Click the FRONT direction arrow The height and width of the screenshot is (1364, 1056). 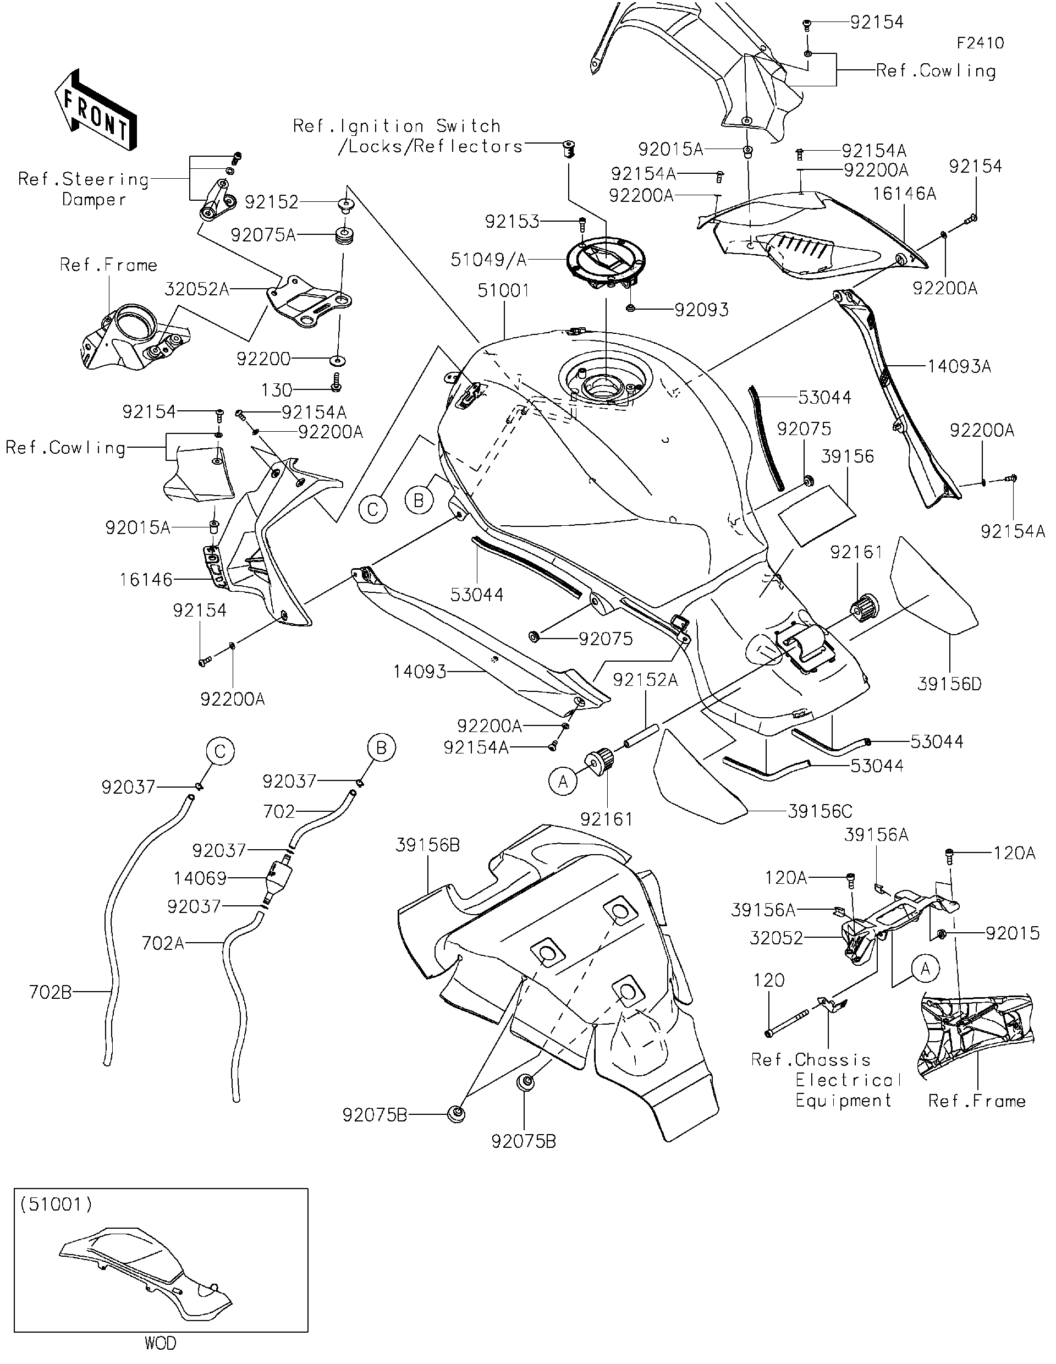point(96,112)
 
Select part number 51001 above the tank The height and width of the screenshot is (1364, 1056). point(503,290)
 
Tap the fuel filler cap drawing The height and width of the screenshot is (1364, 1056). point(605,263)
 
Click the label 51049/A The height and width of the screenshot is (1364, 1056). point(489,260)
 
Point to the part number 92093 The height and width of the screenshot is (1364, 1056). point(701,310)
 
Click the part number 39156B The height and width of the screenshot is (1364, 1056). point(428,845)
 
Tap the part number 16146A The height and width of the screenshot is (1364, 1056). point(904,194)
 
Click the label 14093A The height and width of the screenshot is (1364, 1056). point(959,367)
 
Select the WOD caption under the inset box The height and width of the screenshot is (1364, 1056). point(161,1343)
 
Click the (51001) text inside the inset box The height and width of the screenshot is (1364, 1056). point(56,1204)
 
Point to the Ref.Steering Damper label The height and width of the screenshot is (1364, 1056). point(84,189)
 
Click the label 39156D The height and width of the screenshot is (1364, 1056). point(949,684)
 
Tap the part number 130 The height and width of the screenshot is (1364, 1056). point(277,391)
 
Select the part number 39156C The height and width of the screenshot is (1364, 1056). point(820,811)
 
